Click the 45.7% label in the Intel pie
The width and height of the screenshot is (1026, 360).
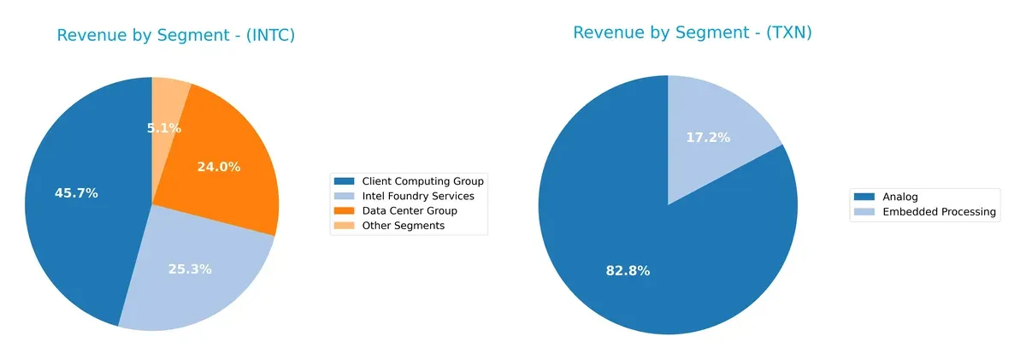point(76,193)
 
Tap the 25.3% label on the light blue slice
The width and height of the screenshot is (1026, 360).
point(190,269)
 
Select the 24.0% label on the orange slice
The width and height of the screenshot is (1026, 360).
point(219,168)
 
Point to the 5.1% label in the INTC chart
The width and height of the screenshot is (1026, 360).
point(163,128)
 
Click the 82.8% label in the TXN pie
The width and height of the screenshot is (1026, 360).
point(628,271)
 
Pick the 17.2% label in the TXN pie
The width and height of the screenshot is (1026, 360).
point(708,137)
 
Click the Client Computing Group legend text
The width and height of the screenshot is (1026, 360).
point(422,181)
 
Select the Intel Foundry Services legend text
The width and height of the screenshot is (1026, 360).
point(417,196)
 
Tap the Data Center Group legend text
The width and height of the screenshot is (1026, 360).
point(409,210)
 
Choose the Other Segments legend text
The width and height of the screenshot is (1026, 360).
point(403,226)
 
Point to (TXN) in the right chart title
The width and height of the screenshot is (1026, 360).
point(786,33)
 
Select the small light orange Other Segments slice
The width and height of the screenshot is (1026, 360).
point(169,98)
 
